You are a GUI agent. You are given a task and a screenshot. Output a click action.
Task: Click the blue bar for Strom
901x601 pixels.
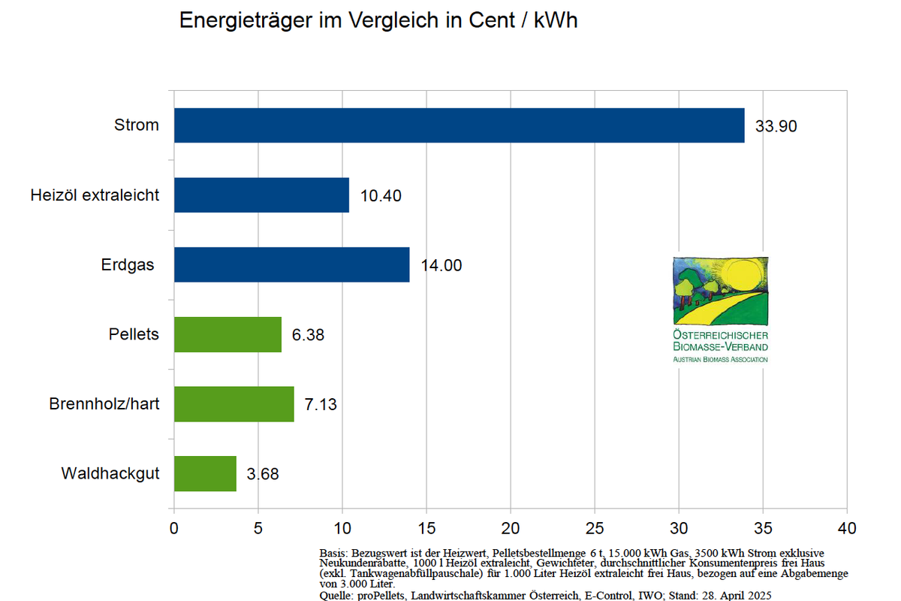point(459,125)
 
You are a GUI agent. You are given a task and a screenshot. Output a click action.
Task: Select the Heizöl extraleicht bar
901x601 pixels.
point(261,195)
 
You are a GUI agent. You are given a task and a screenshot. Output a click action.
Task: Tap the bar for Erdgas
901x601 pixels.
point(291,264)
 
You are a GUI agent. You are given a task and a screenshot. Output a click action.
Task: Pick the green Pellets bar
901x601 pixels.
point(228,334)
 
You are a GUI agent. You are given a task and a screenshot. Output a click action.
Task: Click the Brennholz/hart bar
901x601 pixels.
point(234,404)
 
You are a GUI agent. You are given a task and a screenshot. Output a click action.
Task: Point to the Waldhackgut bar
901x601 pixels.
point(205,474)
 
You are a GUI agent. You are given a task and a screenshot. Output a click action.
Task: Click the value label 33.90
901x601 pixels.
point(776,126)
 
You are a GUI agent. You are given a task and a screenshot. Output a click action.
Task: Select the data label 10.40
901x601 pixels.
point(381,196)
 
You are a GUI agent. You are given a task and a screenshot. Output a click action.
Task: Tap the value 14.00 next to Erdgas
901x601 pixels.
point(441,265)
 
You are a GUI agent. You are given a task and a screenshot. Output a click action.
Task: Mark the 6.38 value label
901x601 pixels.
point(308,335)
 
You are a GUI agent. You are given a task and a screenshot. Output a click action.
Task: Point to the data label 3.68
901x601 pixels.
point(263,475)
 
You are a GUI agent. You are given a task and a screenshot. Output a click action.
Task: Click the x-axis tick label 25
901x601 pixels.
point(595,527)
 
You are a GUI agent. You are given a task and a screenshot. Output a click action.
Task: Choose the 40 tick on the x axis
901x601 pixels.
point(847,527)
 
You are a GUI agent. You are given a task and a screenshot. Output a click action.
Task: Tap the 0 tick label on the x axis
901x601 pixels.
point(174,527)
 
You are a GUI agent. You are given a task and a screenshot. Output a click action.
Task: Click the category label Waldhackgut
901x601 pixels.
point(110,474)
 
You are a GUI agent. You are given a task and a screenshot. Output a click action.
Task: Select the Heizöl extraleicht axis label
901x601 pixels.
point(95,195)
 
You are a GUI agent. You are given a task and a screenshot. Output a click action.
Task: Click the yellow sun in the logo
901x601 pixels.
point(740,276)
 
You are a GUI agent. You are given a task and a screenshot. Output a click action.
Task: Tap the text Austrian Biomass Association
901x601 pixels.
point(720,360)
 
